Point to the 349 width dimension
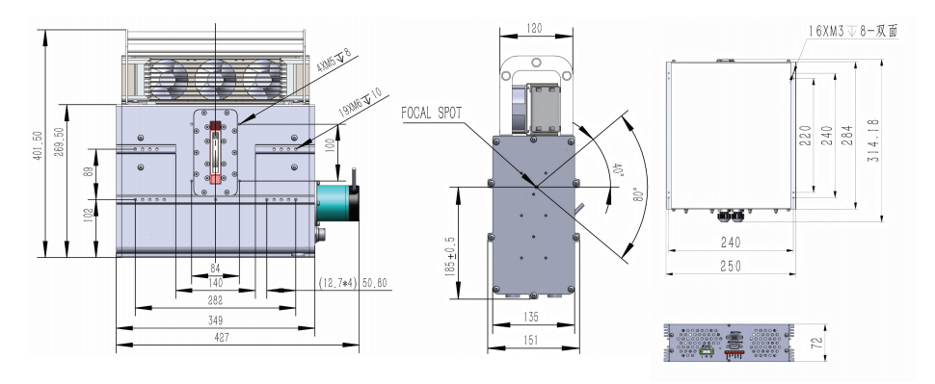click(x=216, y=320)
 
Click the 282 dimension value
click(x=216, y=300)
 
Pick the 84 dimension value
click(x=216, y=269)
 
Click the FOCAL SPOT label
click(x=431, y=114)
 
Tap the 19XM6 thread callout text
click(x=360, y=102)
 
